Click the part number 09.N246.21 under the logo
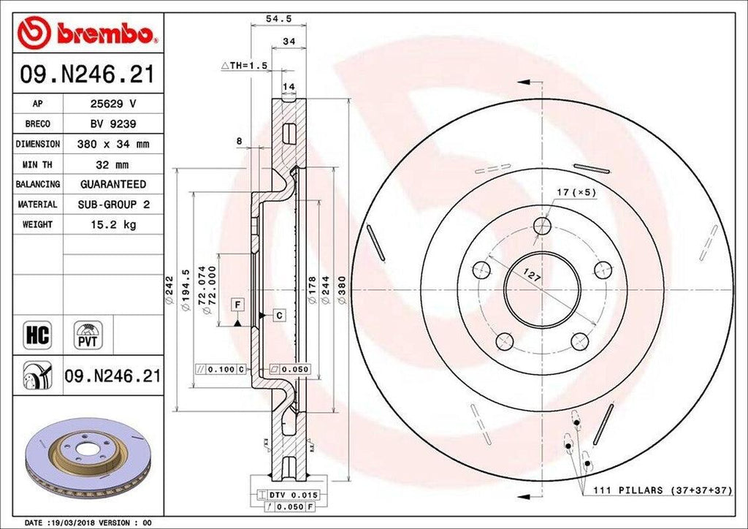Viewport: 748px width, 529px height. (x=87, y=75)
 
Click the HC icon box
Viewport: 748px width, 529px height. (x=37, y=335)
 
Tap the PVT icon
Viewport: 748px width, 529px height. (x=86, y=335)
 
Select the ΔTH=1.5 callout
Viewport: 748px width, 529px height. (x=245, y=65)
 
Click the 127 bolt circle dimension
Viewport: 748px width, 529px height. (x=532, y=276)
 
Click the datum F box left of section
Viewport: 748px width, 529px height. (x=237, y=302)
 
